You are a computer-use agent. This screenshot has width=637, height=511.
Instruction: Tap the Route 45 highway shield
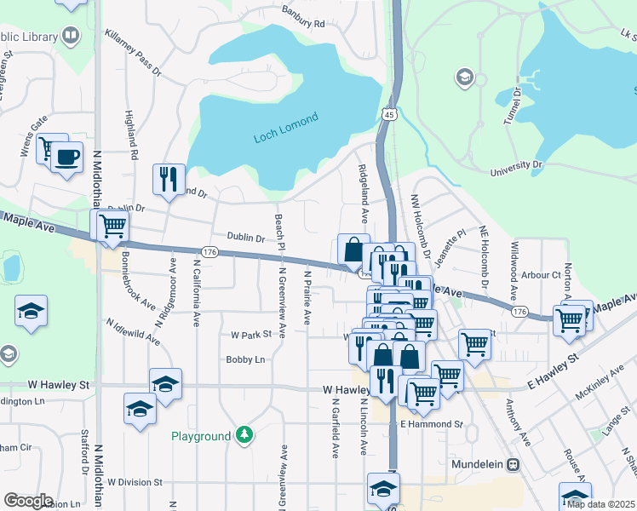388,114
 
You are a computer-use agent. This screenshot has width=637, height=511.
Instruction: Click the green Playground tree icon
244,436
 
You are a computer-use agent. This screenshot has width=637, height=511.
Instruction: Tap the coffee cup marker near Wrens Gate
66,158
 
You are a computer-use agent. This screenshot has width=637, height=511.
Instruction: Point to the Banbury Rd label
304,17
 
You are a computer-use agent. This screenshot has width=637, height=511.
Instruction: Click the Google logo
28,501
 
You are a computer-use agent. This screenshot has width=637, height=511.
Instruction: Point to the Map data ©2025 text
600,504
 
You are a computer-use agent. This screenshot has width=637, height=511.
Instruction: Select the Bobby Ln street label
245,360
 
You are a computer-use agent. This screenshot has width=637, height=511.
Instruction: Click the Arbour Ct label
542,275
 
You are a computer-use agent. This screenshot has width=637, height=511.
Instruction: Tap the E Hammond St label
431,423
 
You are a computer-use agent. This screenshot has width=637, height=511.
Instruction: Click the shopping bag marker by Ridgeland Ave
353,250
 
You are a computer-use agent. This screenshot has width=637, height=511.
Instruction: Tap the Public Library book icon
71,36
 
